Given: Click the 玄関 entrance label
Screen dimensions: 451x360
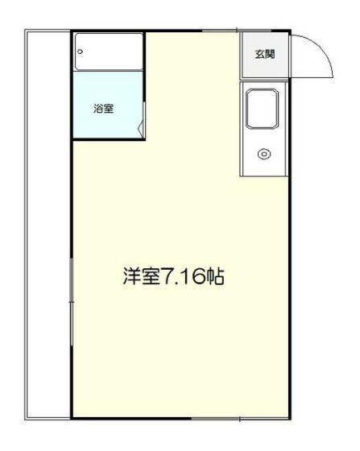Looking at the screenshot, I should tap(264, 55).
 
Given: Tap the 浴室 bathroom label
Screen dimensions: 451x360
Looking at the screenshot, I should tap(103, 107).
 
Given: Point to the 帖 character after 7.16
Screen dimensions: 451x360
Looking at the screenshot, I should tap(215, 278).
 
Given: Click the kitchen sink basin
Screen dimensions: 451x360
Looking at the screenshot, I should tap(263, 109).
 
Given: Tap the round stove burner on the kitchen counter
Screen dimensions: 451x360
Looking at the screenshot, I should tap(263, 154).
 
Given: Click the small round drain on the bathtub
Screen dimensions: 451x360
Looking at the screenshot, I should tap(80, 52).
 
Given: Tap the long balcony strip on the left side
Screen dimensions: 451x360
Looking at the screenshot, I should tap(48, 225).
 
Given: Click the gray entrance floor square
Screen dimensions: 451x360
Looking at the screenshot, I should tap(264, 55).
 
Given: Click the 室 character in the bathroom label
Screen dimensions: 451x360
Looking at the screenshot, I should tap(108, 107).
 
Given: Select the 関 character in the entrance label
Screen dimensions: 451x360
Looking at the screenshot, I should tap(270, 55).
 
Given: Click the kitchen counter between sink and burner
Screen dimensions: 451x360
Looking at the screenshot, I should tap(263, 135).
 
